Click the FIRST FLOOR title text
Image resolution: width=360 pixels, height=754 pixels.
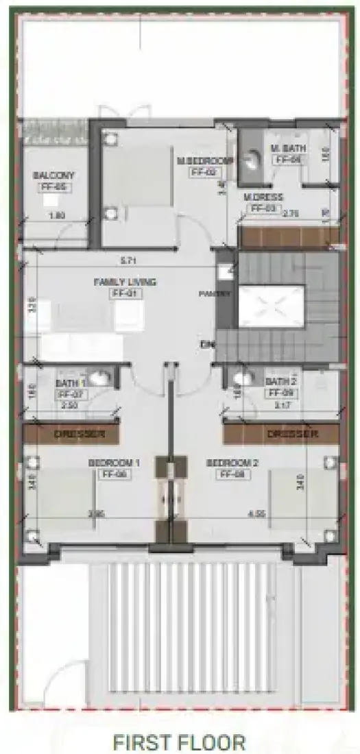point(180,742)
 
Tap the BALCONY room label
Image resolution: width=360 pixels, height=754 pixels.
point(53,175)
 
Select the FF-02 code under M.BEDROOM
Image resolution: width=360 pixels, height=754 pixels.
point(204,172)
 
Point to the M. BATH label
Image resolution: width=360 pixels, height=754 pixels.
point(287,149)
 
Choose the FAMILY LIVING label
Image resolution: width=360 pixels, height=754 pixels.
point(125,282)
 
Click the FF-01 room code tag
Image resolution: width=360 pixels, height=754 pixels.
point(125,293)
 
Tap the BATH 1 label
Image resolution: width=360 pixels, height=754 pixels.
point(70,382)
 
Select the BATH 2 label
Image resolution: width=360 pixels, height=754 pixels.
point(280,381)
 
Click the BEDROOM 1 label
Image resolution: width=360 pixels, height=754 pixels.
point(114,463)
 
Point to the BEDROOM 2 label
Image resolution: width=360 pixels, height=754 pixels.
point(232,463)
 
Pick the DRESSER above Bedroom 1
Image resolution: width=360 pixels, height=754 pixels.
point(80,434)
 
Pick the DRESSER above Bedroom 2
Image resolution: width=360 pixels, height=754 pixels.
point(292,434)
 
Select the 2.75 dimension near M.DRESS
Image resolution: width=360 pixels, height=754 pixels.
point(291,213)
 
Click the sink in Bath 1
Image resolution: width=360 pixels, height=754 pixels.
point(99,377)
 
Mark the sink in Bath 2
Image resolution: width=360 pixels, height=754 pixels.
point(241,377)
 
